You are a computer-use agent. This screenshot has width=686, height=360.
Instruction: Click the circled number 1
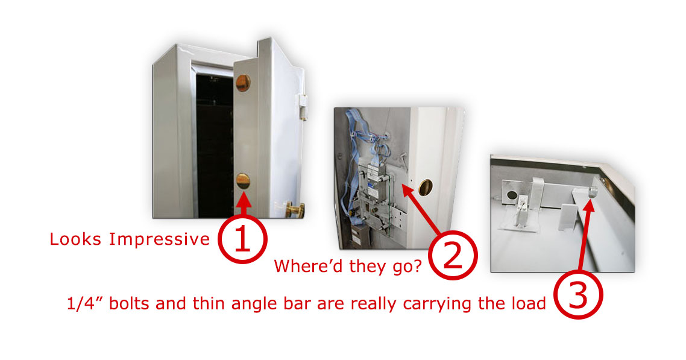tap(242, 239)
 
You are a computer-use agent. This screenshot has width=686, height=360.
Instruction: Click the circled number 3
tap(578, 294)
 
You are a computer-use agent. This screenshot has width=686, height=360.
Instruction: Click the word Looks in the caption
tap(75, 239)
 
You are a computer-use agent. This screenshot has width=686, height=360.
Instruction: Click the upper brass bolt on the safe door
tap(243, 83)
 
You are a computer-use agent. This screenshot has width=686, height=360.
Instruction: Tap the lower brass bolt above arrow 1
tap(243, 181)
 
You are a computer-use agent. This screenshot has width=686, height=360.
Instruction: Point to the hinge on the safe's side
tap(303, 107)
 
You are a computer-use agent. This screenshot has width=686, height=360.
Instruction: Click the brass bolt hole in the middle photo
tap(425, 187)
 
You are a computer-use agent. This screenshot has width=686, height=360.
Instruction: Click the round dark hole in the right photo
tap(511, 194)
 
